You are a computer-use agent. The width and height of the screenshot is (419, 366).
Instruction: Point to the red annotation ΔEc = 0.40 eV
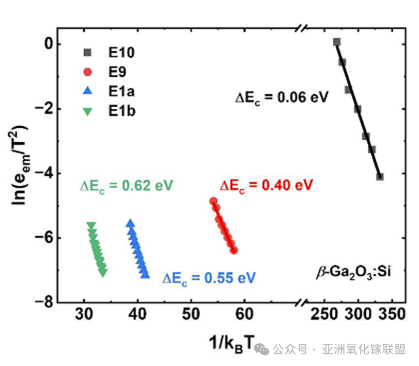coord(267,185)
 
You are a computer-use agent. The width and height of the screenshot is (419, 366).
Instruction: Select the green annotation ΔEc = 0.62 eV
coord(126,185)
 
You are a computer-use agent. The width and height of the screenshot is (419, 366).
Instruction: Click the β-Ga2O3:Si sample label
coord(351,270)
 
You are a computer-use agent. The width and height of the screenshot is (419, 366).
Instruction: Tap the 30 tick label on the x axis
coord(85,315)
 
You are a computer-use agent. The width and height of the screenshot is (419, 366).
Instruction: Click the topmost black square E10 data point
coord(337,42)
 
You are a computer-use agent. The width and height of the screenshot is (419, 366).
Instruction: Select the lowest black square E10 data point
coord(380,177)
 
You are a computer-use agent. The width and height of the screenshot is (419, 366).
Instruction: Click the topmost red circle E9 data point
coord(213,200)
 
